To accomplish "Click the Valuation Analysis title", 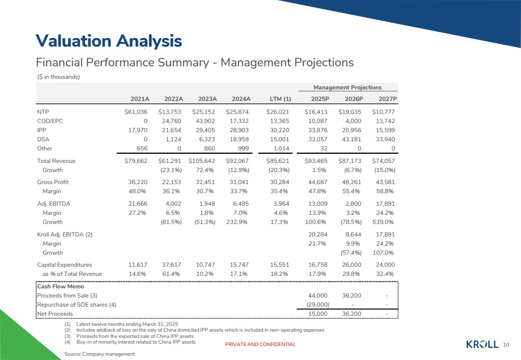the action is pyautogui.click(x=109, y=41).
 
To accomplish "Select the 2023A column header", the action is pyautogui.click(x=207, y=99).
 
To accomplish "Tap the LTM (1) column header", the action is pyautogui.click(x=280, y=99).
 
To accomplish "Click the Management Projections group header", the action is pyautogui.click(x=347, y=87).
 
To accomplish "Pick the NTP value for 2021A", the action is pyautogui.click(x=136, y=112).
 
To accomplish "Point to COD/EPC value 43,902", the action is pyautogui.click(x=205, y=121).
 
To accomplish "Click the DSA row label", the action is pyautogui.click(x=43, y=139).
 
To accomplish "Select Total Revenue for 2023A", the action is pyautogui.click(x=202, y=161).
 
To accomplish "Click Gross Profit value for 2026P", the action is pyautogui.click(x=351, y=182).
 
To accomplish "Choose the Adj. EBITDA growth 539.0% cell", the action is pyautogui.click(x=383, y=222).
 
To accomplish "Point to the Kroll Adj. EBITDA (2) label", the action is pyautogui.click(x=65, y=235).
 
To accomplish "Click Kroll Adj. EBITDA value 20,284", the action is pyautogui.click(x=318, y=235).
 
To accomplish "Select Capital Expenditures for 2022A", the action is pyautogui.click(x=171, y=265).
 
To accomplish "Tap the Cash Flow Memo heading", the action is pyautogui.click(x=61, y=286).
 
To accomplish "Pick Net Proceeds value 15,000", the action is pyautogui.click(x=318, y=314).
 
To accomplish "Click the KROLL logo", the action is pyautogui.click(x=483, y=345).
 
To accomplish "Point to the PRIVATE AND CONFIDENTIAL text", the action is pyautogui.click(x=260, y=345).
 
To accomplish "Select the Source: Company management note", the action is pyautogui.click(x=100, y=354).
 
